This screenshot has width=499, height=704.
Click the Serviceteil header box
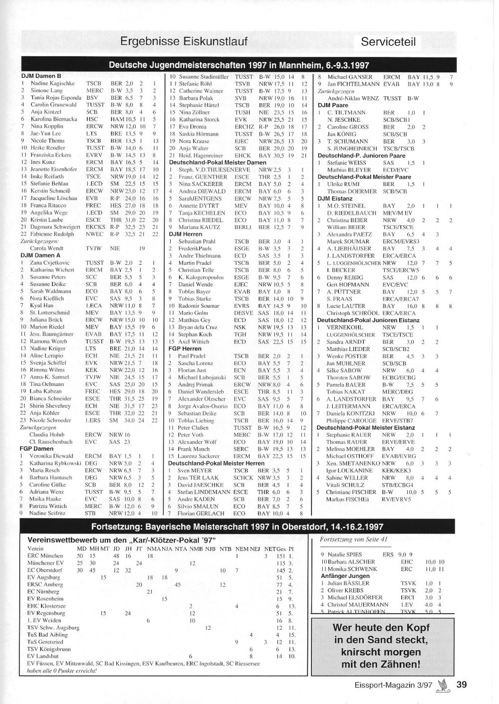[x=388, y=42]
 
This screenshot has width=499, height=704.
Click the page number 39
[x=462, y=685]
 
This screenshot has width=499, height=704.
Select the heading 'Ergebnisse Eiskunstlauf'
[x=184, y=41]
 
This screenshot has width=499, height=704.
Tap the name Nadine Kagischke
[x=52, y=84]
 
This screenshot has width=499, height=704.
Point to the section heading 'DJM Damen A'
[x=40, y=255]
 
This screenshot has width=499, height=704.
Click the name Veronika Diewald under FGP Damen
[x=51, y=456]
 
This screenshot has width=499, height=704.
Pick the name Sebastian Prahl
[x=197, y=241]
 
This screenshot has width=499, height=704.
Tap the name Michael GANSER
[x=350, y=77]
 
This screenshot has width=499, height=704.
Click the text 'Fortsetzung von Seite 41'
[x=353, y=539]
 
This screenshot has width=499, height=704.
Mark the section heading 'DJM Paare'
[x=333, y=106]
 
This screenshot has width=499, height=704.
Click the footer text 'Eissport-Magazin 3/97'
[x=394, y=685]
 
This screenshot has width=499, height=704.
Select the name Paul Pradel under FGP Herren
[x=192, y=356]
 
